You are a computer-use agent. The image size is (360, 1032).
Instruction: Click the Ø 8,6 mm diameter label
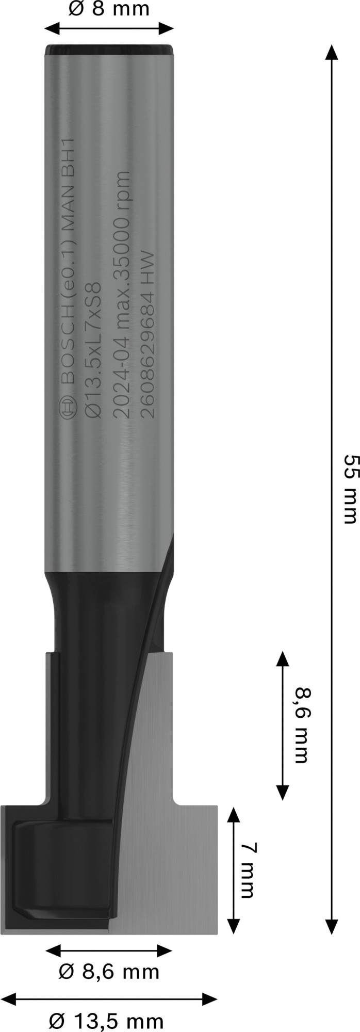[x=109, y=972]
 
